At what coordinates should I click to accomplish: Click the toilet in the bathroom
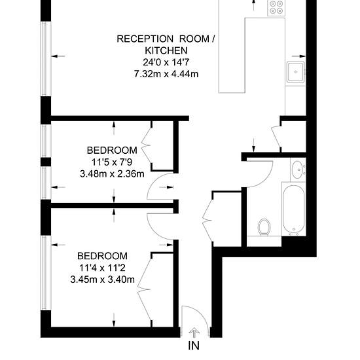pyautogui.click(x=264, y=227)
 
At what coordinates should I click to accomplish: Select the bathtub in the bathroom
pyautogui.click(x=294, y=209)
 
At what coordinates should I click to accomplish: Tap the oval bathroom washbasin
pyautogui.click(x=298, y=170)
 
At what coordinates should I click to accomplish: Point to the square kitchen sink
pyautogui.click(x=296, y=72)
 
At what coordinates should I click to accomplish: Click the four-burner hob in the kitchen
pyautogui.click(x=276, y=7)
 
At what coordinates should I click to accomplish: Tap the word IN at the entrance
pyautogui.click(x=194, y=346)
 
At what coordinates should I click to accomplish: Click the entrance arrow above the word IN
pyautogui.click(x=194, y=333)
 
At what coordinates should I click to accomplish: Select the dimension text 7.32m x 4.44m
pyautogui.click(x=166, y=74)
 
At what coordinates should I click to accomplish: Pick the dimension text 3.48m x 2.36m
pyautogui.click(x=113, y=174)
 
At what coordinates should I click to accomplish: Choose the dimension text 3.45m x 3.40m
pyautogui.click(x=102, y=279)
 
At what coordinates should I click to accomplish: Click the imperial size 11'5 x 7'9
pyautogui.click(x=112, y=162)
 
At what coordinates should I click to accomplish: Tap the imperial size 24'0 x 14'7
pyautogui.click(x=166, y=62)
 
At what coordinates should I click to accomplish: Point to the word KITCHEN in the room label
pyautogui.click(x=166, y=50)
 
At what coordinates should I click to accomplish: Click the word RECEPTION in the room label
pyautogui.click(x=145, y=39)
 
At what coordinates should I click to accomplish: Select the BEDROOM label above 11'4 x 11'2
pyautogui.click(x=102, y=256)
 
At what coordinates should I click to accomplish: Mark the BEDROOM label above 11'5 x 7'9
pyautogui.click(x=112, y=151)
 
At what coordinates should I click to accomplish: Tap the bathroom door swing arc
pyautogui.click(x=268, y=179)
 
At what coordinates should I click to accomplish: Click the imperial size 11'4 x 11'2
pyautogui.click(x=102, y=268)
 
